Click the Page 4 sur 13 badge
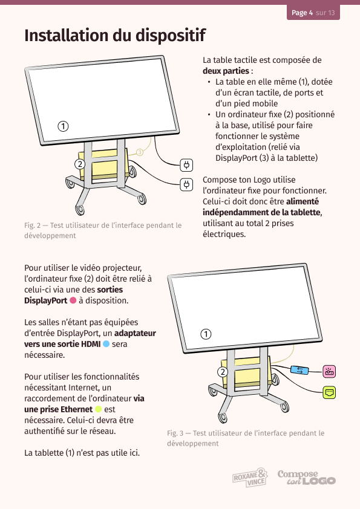coord(313,12)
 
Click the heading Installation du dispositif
coord(115,36)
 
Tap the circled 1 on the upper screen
coord(63,126)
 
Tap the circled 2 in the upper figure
coord(80,164)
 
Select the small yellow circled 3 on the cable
coord(140,152)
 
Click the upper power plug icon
coord(186,165)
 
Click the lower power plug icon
coord(186,185)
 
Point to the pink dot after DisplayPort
coord(73,300)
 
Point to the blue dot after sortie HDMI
coord(106,344)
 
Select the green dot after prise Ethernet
coord(98,409)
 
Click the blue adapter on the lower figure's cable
coord(299,370)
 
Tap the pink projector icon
coord(329,372)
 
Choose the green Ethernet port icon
coord(329,392)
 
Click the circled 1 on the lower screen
coord(206,334)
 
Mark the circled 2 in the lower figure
coord(223,372)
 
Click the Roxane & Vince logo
coord(250,477)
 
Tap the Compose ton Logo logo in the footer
coord(306,477)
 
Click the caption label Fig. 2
coord(33,225)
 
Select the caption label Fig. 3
coord(175,433)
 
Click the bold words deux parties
coord(226,71)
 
